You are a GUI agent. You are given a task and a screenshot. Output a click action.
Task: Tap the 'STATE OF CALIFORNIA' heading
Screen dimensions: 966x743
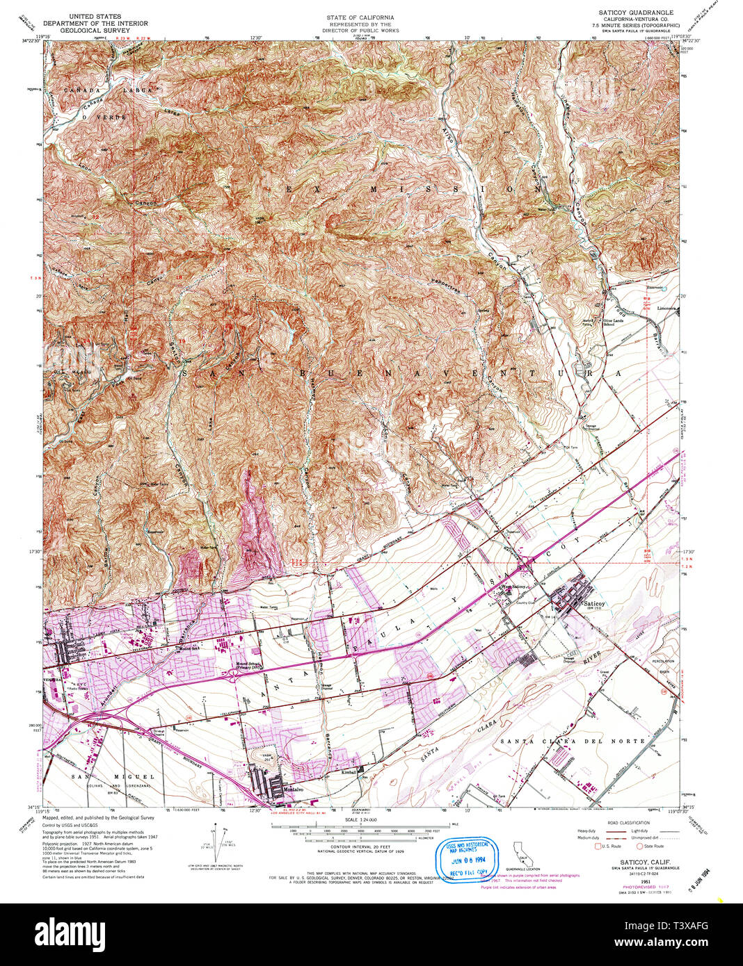(x=360, y=17)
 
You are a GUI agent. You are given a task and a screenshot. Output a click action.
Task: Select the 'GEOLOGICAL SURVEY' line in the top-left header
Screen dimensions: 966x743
(x=95, y=31)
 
